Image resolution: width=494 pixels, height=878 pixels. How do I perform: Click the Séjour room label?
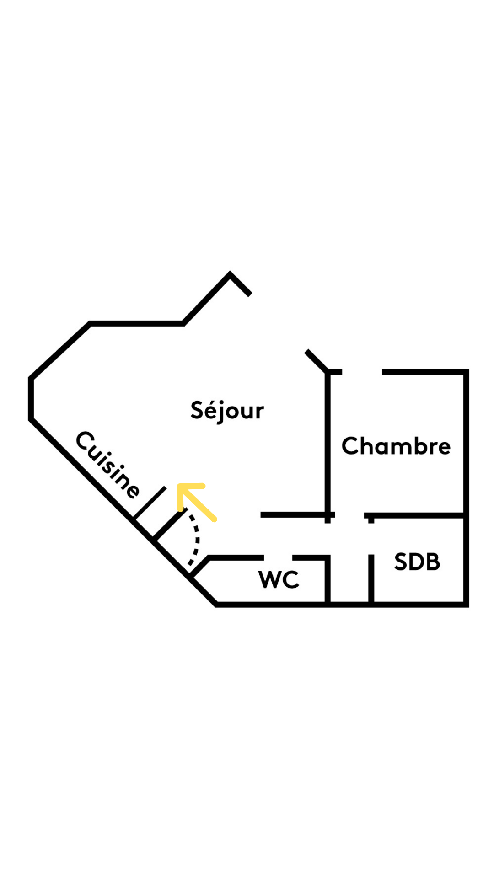point(227,411)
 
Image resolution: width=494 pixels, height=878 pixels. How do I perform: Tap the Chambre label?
point(396,446)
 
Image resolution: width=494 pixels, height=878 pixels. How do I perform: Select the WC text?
point(279,579)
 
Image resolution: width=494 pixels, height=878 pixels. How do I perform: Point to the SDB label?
point(417,562)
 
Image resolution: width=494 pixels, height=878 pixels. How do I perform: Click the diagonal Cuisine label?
point(108,464)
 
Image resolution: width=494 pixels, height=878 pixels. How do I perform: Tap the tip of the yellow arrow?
point(179,487)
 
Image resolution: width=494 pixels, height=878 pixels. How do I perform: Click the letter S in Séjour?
point(197,410)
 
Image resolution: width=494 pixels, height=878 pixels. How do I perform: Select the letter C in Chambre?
point(350,446)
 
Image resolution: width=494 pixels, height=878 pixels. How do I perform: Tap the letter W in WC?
point(268,579)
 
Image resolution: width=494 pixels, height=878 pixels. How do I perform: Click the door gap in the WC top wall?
point(278,557)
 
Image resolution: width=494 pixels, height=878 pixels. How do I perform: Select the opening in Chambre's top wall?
point(362,372)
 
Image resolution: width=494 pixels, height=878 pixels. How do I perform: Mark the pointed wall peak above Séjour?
point(230,274)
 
